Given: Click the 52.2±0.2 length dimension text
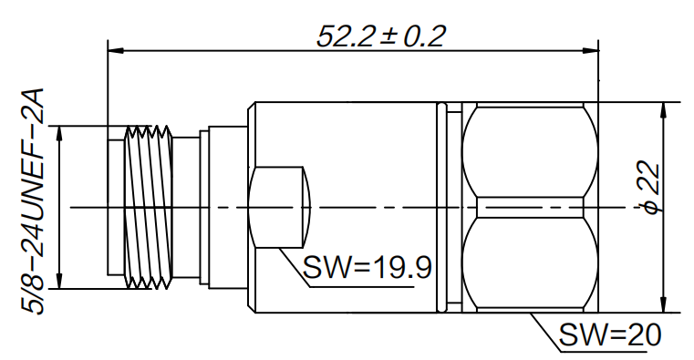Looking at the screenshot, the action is pyautogui.click(x=381, y=36).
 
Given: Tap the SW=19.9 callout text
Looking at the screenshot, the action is pyautogui.click(x=367, y=267).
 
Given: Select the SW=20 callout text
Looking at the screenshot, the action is pyautogui.click(x=610, y=334).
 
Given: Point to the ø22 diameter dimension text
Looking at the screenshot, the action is pyautogui.click(x=652, y=188).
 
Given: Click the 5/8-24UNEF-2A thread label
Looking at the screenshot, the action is pyautogui.click(x=33, y=201).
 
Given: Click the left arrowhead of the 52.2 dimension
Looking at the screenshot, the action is pyautogui.click(x=116, y=51).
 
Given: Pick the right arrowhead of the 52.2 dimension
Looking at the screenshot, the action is pyautogui.click(x=590, y=51).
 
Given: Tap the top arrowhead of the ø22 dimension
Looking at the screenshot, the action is pyautogui.click(x=663, y=110).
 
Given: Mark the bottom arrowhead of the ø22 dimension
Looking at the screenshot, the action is pyautogui.click(x=663, y=304).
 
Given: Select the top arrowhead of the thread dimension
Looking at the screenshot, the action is pyautogui.click(x=59, y=134).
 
